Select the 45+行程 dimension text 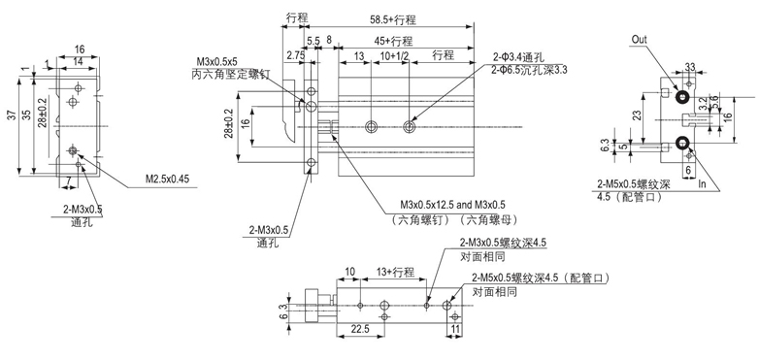392,42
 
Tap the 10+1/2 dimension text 392,57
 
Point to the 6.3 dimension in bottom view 283,311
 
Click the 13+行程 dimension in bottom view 395,273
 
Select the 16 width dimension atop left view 80,49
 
